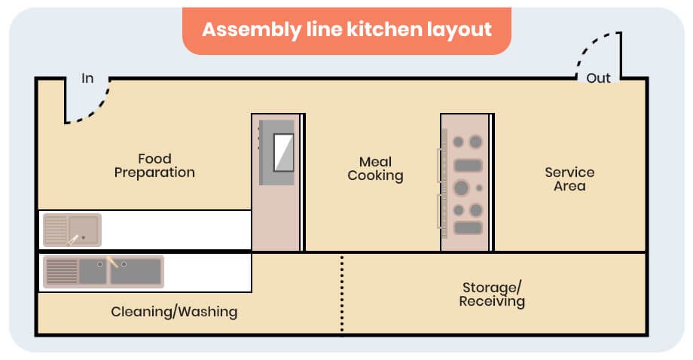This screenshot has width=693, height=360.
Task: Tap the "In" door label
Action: [x=87, y=78]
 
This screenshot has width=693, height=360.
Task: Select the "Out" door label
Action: [x=599, y=78]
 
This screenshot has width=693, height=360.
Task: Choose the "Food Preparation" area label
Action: [x=154, y=166]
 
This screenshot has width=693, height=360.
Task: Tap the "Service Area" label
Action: [x=569, y=179]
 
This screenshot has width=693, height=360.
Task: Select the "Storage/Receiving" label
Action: [x=492, y=294]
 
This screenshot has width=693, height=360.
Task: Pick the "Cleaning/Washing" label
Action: [x=174, y=311]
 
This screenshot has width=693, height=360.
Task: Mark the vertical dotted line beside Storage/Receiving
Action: [x=341, y=294]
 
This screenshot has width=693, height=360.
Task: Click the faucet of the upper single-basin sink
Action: [x=73, y=239]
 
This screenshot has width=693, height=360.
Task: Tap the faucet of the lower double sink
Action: [x=112, y=264]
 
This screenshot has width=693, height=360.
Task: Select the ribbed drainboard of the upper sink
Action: [x=55, y=230]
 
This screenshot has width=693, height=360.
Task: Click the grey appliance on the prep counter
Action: [x=276, y=153]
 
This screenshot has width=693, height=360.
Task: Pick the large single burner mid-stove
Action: [x=462, y=188]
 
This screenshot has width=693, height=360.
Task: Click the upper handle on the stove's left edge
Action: [x=440, y=164]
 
